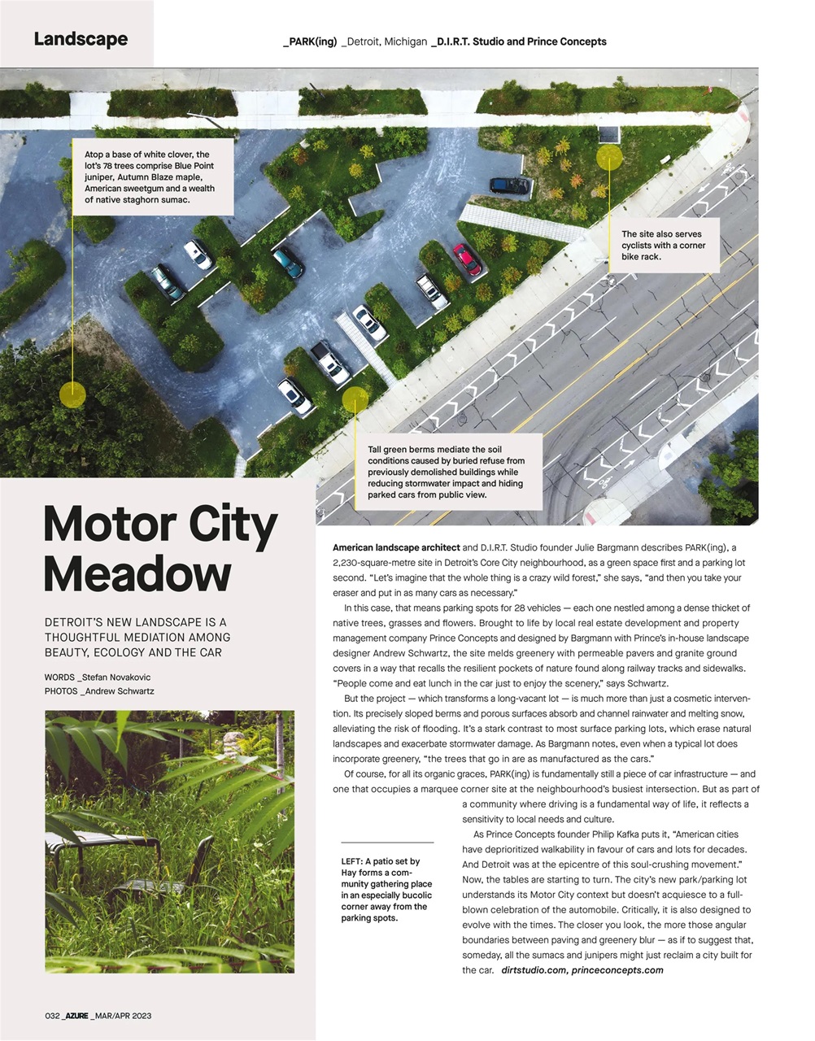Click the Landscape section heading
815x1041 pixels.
click(x=81, y=39)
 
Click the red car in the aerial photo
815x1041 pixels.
click(x=467, y=259)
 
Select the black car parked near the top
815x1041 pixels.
click(x=511, y=185)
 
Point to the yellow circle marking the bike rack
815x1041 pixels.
click(x=608, y=156)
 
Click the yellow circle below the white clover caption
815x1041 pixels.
click(x=72, y=395)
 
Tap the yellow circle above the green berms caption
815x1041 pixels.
click(x=355, y=400)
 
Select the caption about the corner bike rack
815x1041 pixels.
click(x=663, y=245)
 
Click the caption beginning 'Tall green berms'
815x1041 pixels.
click(x=447, y=472)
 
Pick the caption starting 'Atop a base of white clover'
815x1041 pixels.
click(x=150, y=176)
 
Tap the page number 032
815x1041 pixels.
click(x=52, y=1016)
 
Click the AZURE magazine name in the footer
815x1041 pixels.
click(x=76, y=1016)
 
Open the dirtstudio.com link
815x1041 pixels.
click(x=534, y=970)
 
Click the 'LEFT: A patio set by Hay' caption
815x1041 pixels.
click(x=386, y=890)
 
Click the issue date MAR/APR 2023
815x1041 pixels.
click(x=122, y=1016)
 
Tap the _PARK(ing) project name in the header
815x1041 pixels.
click(x=310, y=41)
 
